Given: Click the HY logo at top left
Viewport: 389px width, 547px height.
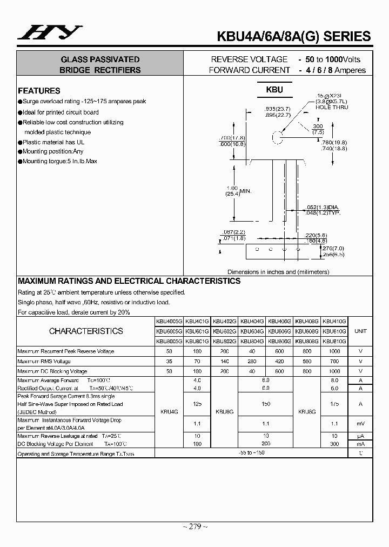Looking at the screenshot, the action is (x=49, y=34).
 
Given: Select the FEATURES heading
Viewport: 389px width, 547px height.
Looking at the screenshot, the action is (x=39, y=91).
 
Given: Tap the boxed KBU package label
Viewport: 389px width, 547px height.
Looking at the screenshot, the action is (x=274, y=90).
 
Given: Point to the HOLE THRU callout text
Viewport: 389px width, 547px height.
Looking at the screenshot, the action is (x=333, y=107).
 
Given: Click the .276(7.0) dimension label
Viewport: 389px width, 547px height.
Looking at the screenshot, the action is (x=332, y=248).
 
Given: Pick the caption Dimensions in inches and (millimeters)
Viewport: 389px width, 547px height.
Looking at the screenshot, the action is (x=278, y=272).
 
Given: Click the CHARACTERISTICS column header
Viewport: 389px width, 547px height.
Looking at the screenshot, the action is (x=86, y=331).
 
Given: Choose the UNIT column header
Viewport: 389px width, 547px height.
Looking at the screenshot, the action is (x=360, y=331).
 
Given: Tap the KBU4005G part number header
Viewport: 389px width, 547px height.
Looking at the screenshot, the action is (x=169, y=321).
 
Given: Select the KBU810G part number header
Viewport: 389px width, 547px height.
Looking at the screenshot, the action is (x=334, y=342).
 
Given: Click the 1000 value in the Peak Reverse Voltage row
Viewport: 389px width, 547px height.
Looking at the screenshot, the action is (x=334, y=351).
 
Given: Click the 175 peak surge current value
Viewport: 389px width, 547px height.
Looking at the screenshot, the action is (x=334, y=404).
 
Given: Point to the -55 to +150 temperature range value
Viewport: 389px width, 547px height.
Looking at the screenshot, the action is (x=252, y=452).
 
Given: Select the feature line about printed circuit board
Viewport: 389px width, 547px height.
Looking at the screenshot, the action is (x=61, y=112).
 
